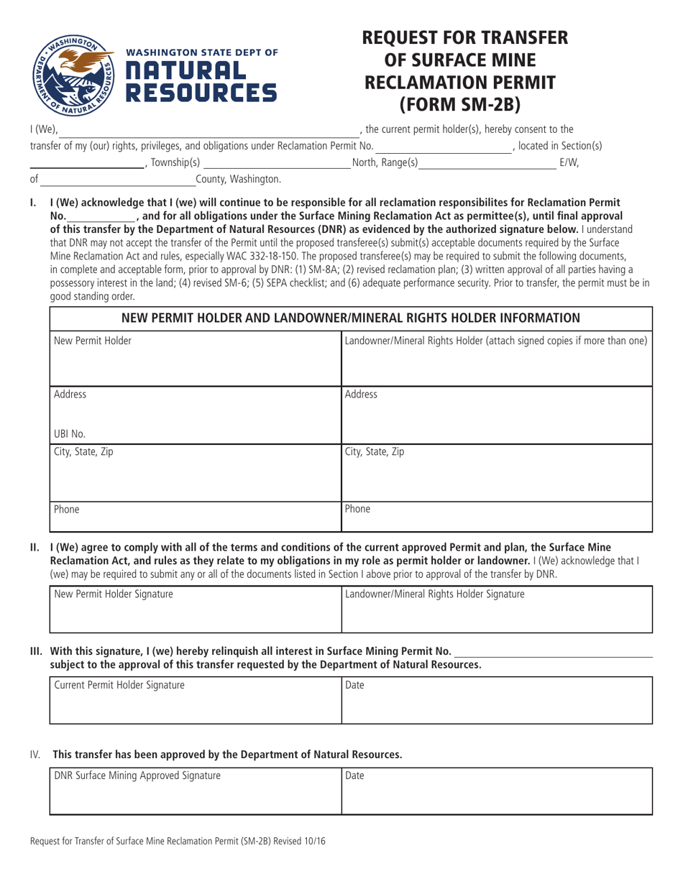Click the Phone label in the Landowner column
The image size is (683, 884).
(x=358, y=510)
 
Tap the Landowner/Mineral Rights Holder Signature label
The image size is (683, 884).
(x=434, y=594)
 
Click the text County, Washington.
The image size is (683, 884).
(x=238, y=178)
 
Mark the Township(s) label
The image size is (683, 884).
(x=175, y=163)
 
